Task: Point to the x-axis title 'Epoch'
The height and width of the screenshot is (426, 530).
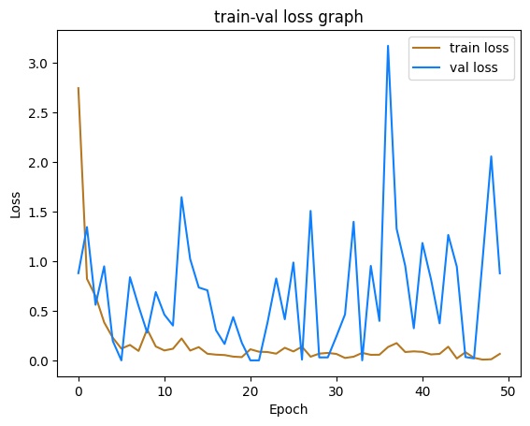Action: click(x=289, y=409)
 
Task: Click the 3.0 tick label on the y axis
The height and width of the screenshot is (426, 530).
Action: click(x=47, y=64)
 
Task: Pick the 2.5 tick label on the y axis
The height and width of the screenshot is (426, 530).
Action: click(x=47, y=113)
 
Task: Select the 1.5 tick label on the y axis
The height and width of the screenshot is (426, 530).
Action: click(x=47, y=213)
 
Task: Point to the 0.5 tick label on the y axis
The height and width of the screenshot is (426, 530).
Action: click(x=47, y=312)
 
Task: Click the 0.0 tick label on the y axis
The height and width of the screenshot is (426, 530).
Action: click(x=47, y=361)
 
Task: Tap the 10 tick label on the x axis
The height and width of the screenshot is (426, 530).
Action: click(x=165, y=389)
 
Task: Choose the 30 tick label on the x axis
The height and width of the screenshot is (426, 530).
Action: click(x=337, y=389)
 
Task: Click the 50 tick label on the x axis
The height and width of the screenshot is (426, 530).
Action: click(x=509, y=389)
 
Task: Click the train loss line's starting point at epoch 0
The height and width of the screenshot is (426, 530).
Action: click(x=79, y=88)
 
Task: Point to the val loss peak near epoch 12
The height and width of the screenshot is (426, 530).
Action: click(x=181, y=198)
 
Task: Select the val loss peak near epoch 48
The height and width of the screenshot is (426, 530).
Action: click(x=491, y=156)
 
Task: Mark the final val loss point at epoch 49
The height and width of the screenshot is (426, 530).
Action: click(x=500, y=273)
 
